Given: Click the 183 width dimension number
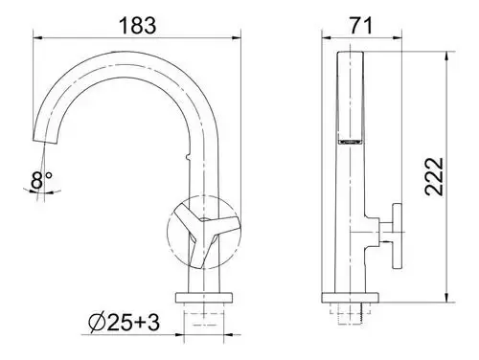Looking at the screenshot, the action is pyautogui.click(x=138, y=25).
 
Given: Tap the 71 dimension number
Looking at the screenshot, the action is pyautogui.click(x=361, y=26).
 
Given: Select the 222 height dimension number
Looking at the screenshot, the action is pyautogui.click(x=434, y=176).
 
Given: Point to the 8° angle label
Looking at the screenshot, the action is pyautogui.click(x=41, y=180).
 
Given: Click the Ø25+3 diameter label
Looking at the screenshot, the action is pyautogui.click(x=124, y=323).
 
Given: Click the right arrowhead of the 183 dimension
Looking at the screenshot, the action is pyautogui.click(x=237, y=38).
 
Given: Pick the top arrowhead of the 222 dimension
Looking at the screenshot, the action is pyautogui.click(x=446, y=56).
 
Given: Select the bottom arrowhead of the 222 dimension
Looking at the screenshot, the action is pyautogui.click(x=446, y=298).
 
